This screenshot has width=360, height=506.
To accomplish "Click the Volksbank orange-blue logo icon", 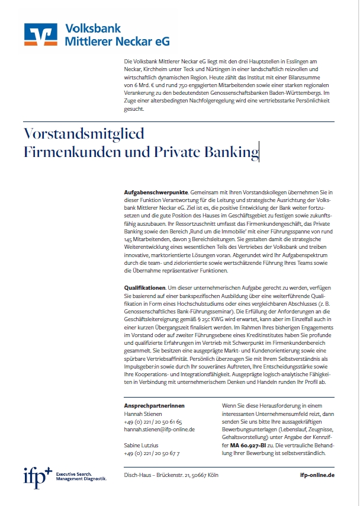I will click(41, 34).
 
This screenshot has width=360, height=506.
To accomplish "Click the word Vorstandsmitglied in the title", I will click(83, 134).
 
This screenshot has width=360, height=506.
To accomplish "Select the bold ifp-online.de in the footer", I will click(317, 475).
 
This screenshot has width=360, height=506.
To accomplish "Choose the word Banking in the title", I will click(227, 152).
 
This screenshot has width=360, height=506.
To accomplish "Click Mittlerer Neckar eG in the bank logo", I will click(117, 41).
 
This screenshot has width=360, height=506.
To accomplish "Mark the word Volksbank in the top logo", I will click(93, 28).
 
